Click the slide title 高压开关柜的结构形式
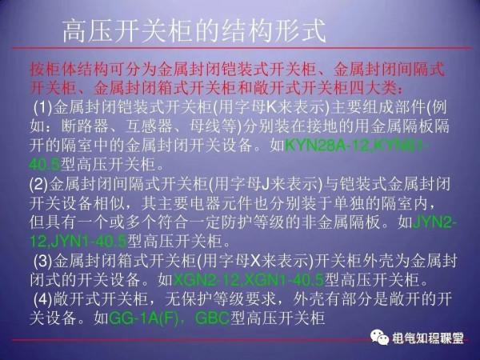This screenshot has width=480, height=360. (194, 33)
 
